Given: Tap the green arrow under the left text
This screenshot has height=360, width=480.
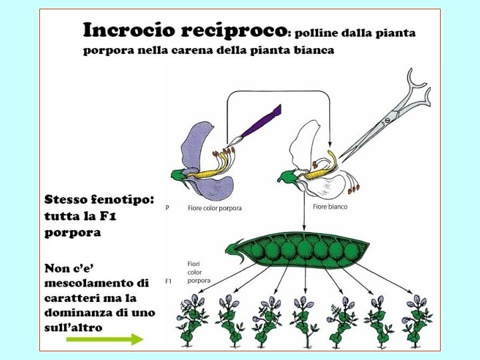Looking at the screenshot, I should (105, 339).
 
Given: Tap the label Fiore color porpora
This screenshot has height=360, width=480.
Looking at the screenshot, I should (215, 208).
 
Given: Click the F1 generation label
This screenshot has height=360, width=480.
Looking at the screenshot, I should (169, 281).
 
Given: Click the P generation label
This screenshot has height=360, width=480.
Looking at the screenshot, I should (167, 208).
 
